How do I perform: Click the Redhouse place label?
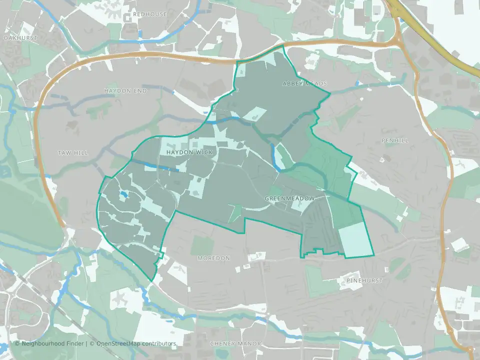tap(150, 14)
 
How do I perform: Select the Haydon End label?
tap(125, 90)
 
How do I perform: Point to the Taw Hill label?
tap(72, 153)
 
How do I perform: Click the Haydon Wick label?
tap(189, 152)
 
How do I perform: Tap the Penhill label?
tap(394, 141)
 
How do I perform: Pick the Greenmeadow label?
tap(290, 199)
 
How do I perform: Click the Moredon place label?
tap(213, 258)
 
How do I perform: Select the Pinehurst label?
tap(364, 281)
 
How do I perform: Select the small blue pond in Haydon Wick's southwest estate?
tap(123, 195)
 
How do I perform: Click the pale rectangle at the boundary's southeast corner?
tap(355, 240)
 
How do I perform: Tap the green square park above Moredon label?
tap(202, 245)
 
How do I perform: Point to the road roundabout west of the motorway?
tap(398, 40)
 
